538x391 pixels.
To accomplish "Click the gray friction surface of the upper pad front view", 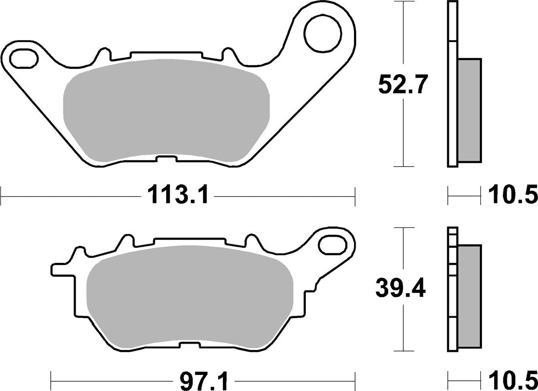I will (x=166, y=111).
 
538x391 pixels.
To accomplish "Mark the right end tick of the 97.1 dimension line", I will (x=355, y=378).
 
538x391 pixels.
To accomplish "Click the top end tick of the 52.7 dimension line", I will (x=403, y=2).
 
